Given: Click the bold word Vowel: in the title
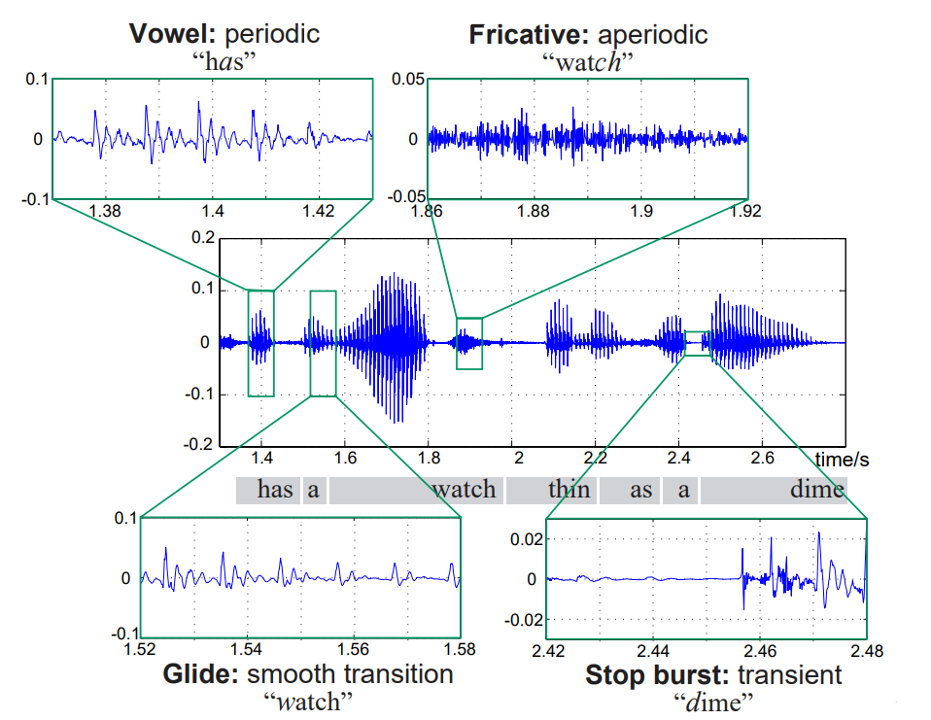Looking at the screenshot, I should (x=173, y=35).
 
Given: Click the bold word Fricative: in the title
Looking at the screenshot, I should (x=529, y=35).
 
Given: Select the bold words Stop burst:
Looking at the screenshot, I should (x=656, y=674).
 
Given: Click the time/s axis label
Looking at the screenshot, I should (x=841, y=458).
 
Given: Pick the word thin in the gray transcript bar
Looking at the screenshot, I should (x=569, y=490).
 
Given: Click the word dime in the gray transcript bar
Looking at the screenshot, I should (x=816, y=490).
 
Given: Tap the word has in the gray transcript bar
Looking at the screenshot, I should (x=275, y=490).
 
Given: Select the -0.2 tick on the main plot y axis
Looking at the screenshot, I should (x=198, y=444).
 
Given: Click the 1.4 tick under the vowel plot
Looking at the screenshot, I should (x=213, y=211).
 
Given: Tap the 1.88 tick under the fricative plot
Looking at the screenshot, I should (x=534, y=211).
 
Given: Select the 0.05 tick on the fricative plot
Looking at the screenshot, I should (x=408, y=80).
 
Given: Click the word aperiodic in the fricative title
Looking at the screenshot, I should (x=653, y=35).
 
